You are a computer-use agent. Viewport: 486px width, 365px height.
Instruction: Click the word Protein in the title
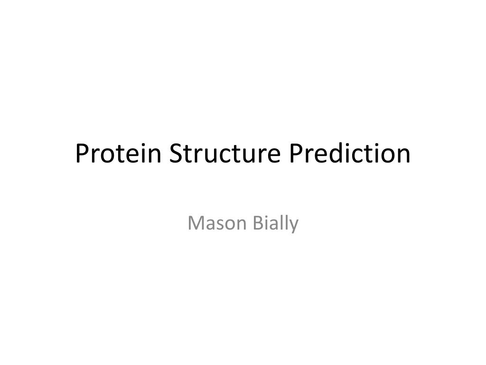118,154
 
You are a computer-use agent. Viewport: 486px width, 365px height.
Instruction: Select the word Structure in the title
225,154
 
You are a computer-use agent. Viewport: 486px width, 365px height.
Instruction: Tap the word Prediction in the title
350,153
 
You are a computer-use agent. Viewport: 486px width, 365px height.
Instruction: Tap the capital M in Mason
195,223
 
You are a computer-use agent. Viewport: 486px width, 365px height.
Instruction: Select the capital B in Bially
258,223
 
